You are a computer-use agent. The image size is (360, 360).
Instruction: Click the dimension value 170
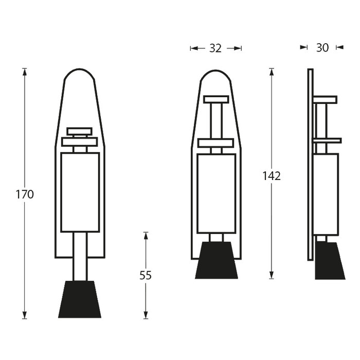pos(24,194)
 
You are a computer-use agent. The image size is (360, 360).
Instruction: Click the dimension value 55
pos(146,275)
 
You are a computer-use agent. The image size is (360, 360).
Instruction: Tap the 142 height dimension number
pos(272,176)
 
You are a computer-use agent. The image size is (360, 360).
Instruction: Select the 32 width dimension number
pos(215,48)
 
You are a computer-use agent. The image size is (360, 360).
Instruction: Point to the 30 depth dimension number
pos(322,48)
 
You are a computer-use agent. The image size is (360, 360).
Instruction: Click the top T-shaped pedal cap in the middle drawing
pos(216,99)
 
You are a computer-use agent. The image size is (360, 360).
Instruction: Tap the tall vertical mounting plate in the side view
pos(310,165)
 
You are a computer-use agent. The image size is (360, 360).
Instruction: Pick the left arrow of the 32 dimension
pos(194,48)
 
